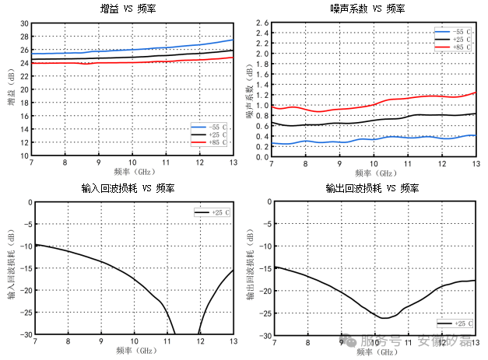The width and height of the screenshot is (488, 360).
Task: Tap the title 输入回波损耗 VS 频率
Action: (132, 188)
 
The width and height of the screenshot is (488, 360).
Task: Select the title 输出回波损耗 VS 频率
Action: (373, 188)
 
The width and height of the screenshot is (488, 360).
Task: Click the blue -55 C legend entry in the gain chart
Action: (210, 127)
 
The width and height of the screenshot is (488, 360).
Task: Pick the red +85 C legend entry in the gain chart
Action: (210, 143)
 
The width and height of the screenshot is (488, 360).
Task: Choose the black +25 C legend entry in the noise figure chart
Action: (451, 39)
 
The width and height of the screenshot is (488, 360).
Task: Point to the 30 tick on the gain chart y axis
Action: (24, 24)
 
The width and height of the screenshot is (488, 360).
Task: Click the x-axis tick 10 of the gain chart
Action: (132, 163)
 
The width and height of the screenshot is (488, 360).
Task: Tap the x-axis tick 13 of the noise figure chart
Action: (475, 163)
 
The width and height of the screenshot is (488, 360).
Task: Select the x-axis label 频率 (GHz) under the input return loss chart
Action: (132, 351)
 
